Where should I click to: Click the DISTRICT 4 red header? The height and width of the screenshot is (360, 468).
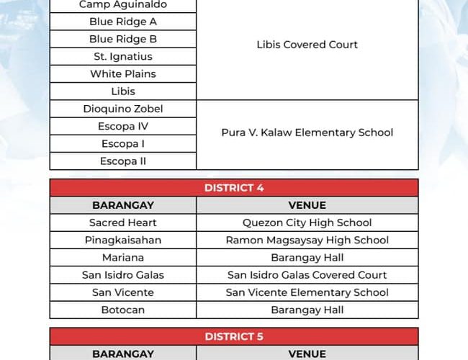(x=234, y=188)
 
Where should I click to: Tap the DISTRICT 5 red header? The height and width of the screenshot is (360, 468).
(x=234, y=336)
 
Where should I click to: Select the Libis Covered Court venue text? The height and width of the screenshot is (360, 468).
(x=307, y=45)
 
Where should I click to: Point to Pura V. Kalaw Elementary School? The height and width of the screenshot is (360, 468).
(x=307, y=132)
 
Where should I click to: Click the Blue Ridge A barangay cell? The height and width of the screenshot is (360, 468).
(x=123, y=22)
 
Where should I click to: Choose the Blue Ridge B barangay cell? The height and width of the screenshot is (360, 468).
(x=123, y=39)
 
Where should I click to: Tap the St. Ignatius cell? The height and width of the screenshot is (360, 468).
(x=123, y=56)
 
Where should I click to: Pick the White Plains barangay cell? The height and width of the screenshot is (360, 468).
(x=123, y=73)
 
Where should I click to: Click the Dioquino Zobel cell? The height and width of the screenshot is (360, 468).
(x=123, y=109)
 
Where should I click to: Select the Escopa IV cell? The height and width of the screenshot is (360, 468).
(x=123, y=126)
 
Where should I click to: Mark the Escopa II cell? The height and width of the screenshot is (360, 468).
(x=123, y=161)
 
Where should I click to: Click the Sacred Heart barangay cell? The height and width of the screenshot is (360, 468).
(x=123, y=222)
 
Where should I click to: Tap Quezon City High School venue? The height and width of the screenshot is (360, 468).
(x=307, y=222)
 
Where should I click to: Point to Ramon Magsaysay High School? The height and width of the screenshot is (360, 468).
(x=307, y=240)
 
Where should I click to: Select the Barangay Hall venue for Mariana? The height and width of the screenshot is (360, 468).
(x=307, y=257)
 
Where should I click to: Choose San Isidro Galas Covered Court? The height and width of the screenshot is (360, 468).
(x=307, y=275)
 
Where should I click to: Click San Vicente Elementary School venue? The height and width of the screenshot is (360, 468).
(x=307, y=292)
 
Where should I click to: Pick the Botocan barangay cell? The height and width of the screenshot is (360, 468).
(x=123, y=310)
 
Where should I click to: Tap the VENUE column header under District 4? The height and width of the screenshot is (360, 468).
(x=307, y=205)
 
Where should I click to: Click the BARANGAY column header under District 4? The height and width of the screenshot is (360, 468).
(x=123, y=205)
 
